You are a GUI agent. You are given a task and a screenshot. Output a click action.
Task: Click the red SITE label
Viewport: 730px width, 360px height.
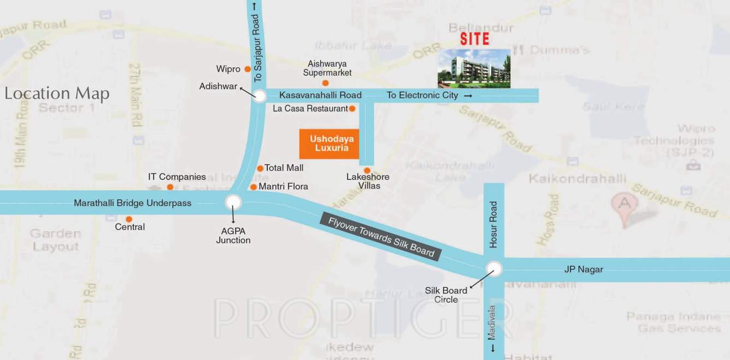pyautogui.click(x=474, y=39)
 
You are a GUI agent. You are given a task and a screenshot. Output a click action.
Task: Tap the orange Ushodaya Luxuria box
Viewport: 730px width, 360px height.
pyautogui.click(x=329, y=144)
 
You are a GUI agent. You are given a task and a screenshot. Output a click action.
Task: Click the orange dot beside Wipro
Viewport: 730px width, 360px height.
pyautogui.click(x=248, y=69)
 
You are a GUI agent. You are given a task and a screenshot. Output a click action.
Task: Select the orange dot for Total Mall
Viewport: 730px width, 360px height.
pyautogui.click(x=260, y=168)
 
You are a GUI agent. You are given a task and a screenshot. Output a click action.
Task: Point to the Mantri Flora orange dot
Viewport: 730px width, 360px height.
pyautogui.click(x=254, y=187)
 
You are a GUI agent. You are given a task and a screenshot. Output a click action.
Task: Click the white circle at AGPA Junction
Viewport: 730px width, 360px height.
pyautogui.click(x=233, y=203)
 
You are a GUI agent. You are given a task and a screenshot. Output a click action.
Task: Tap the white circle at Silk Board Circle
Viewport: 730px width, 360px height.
pyautogui.click(x=494, y=269)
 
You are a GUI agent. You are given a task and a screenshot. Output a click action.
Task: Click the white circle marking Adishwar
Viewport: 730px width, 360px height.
pyautogui.click(x=259, y=96)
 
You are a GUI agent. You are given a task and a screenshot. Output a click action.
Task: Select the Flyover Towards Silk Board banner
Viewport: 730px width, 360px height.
pyautogui.click(x=381, y=236)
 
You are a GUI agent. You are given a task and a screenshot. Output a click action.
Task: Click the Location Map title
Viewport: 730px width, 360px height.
pyautogui.click(x=57, y=93)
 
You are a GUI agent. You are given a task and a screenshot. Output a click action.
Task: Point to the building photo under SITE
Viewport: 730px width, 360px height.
pyautogui.click(x=474, y=68)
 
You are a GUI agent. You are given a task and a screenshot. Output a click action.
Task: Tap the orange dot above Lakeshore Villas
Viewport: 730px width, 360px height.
pyautogui.click(x=367, y=170)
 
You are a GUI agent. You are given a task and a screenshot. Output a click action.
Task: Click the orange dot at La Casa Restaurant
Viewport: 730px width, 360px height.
pyautogui.click(x=352, y=109)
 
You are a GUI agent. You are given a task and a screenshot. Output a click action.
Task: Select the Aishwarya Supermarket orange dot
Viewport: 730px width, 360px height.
pyautogui.click(x=325, y=83)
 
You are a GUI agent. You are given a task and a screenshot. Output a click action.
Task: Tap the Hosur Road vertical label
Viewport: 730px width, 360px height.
pyautogui.click(x=493, y=225)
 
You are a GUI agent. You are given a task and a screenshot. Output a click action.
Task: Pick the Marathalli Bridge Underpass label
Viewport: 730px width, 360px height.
pyautogui.click(x=133, y=203)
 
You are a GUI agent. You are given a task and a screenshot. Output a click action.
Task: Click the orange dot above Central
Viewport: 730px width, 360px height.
pyautogui.click(x=129, y=219)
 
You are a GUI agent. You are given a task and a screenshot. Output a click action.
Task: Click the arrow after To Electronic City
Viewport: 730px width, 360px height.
pyautogui.click(x=468, y=96)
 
